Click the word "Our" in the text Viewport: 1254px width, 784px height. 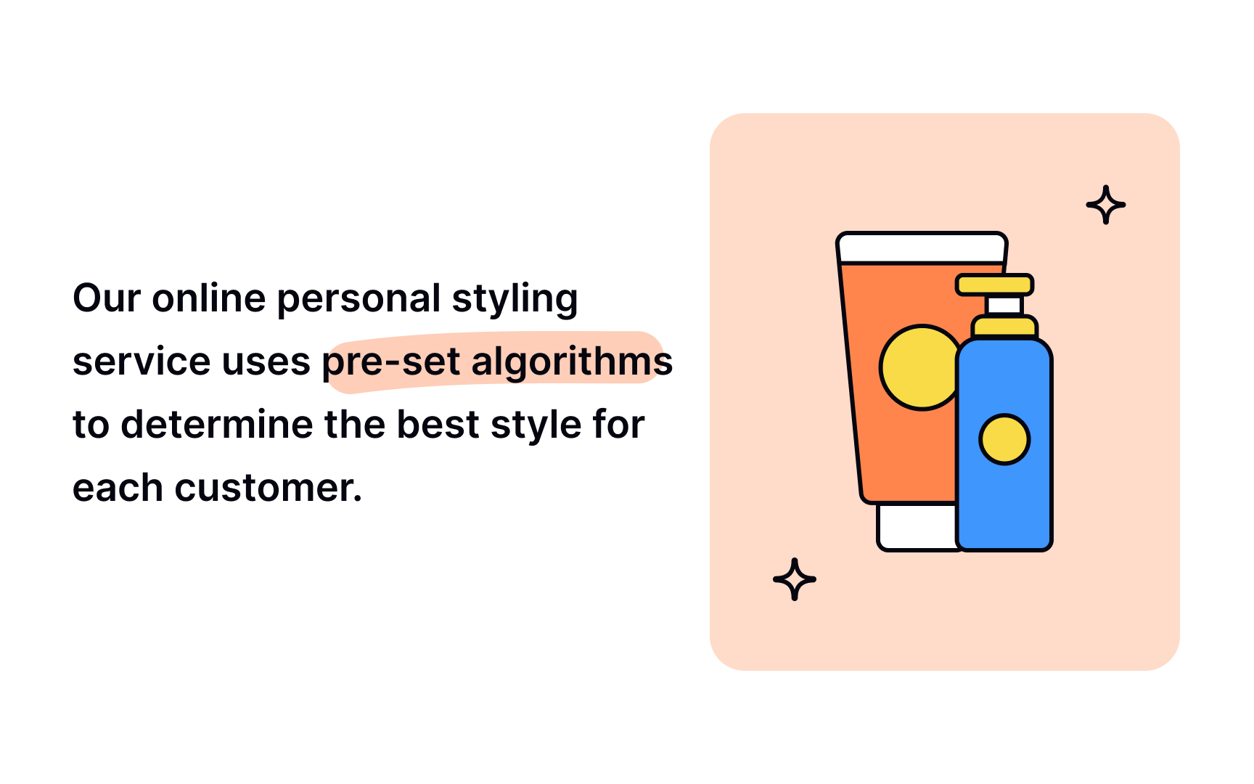pos(107,298)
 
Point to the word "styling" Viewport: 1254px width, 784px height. pos(515,298)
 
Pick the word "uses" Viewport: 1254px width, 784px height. pos(266,362)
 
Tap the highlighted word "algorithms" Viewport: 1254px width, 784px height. pos(572,362)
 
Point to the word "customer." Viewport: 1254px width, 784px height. pos(268,488)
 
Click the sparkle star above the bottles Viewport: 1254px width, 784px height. pos(1105,205)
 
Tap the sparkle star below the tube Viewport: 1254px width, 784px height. pos(795,579)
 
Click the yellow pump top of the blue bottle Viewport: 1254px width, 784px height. pos(994,285)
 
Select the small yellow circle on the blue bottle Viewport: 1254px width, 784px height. pos(1004,439)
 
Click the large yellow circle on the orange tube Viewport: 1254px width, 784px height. pos(916,367)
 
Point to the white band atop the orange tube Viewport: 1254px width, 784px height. pos(921,248)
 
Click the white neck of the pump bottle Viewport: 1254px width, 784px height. pos(1005,305)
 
